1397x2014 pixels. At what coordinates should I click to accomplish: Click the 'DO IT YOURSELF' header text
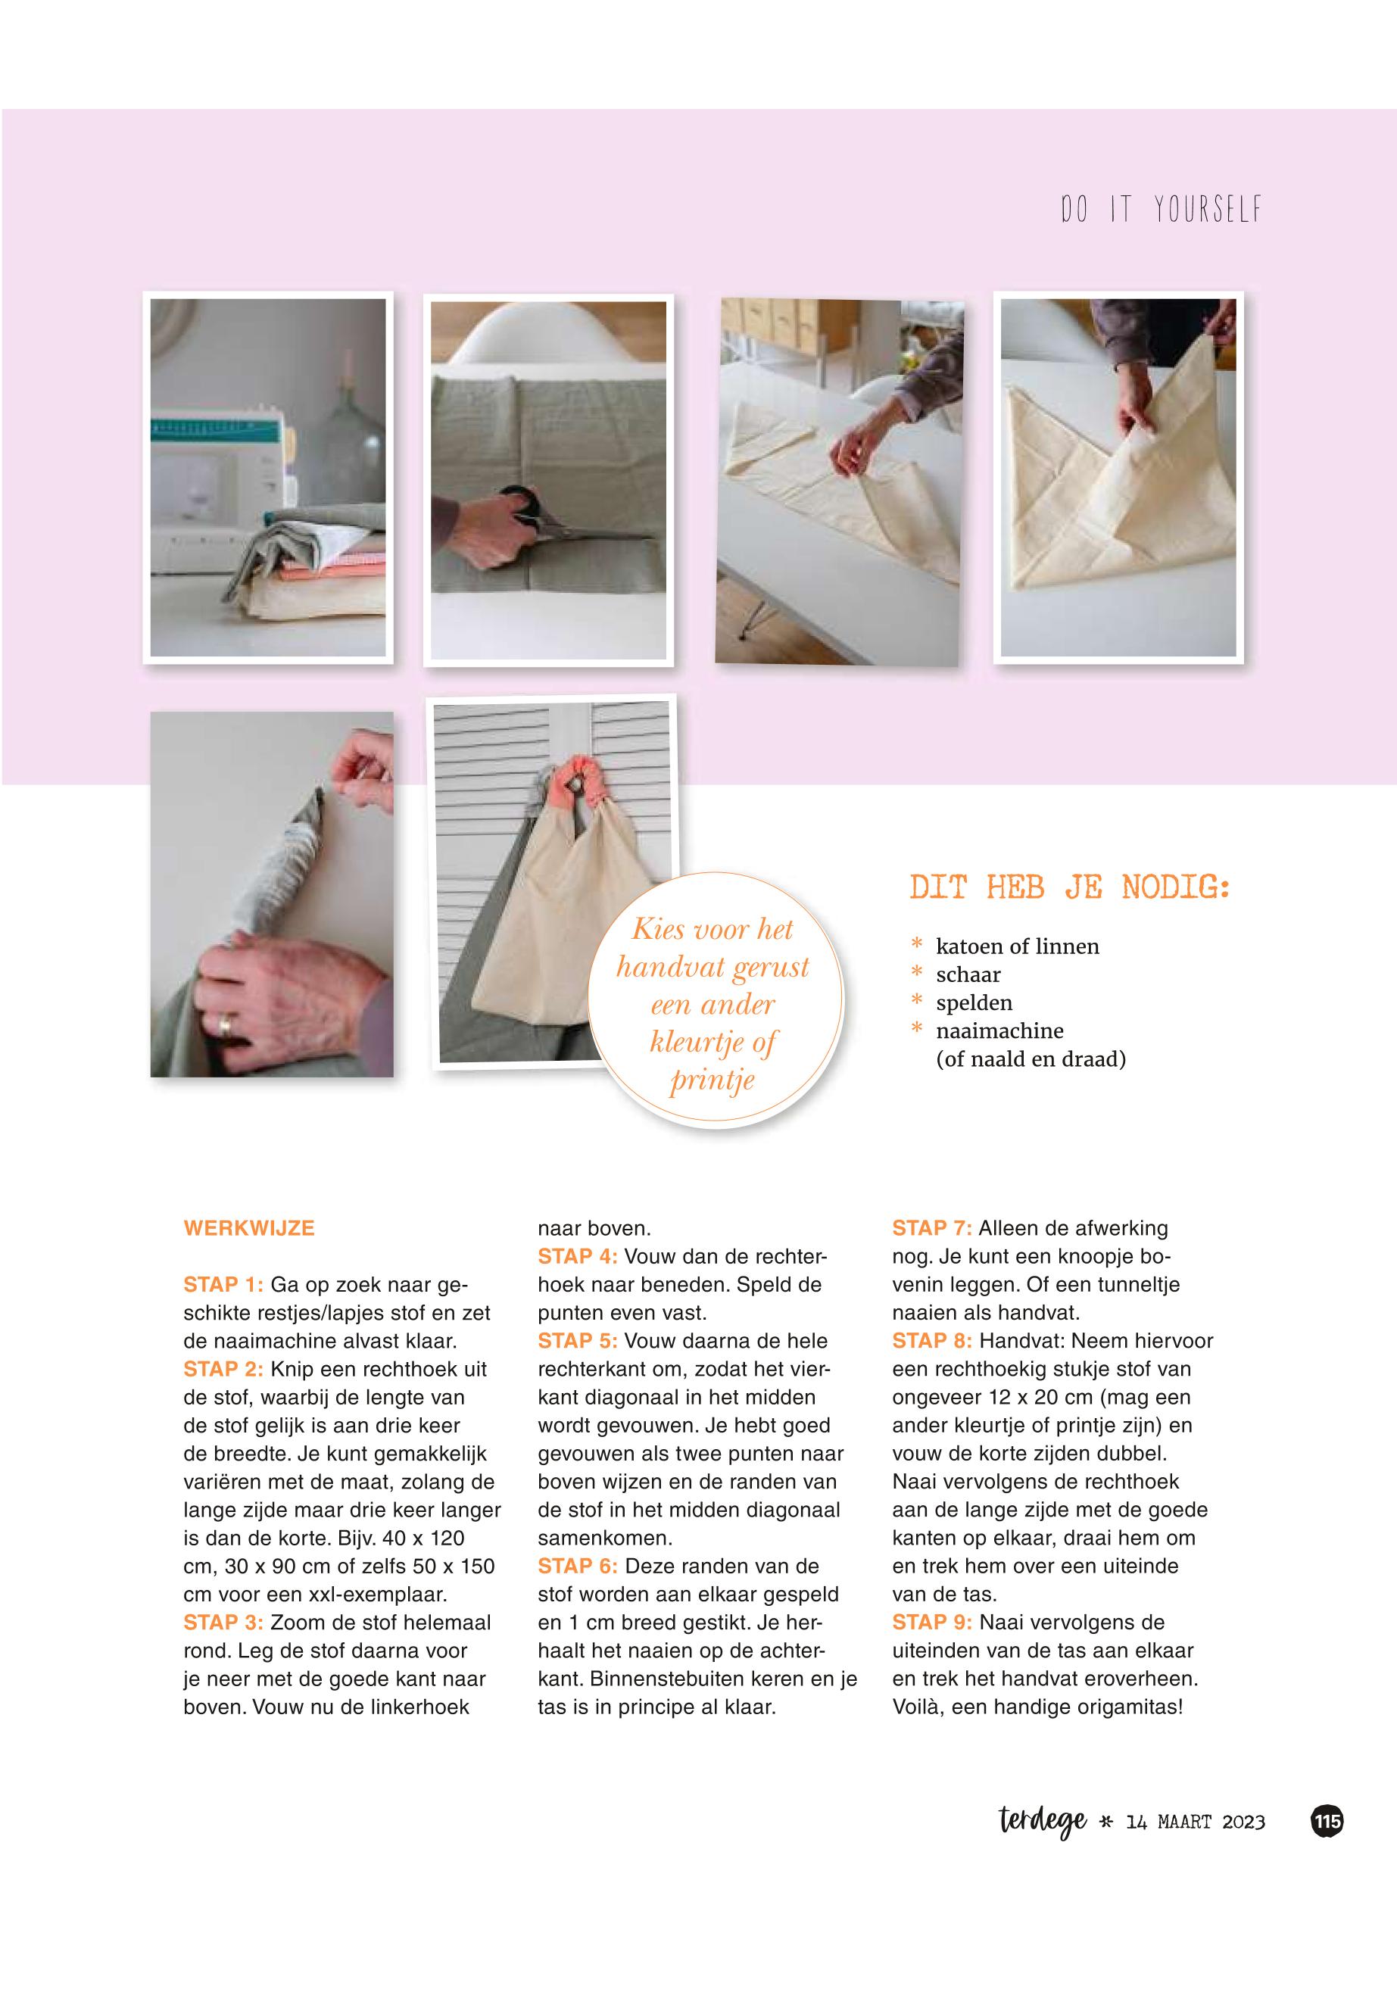1161,209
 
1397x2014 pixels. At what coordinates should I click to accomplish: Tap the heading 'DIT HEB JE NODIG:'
1070,887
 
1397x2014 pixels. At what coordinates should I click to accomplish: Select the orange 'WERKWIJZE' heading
249,1228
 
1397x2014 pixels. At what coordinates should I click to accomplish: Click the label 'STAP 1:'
223,1284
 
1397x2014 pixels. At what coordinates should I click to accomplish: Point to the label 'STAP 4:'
578,1256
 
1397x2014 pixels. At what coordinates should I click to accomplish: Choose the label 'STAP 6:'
578,1566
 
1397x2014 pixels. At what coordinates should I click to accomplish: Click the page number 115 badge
1327,1822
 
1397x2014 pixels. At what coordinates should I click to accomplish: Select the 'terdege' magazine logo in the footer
1043,1822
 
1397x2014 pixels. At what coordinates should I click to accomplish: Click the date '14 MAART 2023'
1195,1822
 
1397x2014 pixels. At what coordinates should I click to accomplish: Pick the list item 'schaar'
968,974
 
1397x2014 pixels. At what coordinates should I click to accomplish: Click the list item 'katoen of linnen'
1017,946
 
